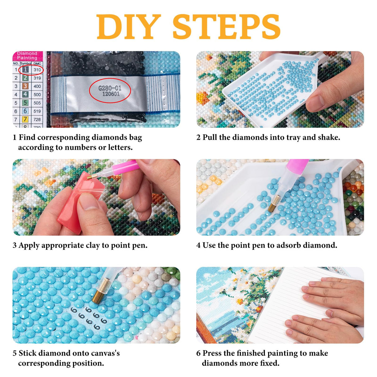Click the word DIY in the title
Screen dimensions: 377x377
click(x=129, y=27)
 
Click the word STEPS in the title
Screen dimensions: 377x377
click(x=226, y=27)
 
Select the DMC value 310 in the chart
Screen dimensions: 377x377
click(x=37, y=70)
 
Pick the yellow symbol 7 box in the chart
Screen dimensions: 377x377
click(x=25, y=119)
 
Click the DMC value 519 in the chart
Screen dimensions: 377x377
click(x=37, y=111)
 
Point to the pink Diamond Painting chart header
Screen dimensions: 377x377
click(x=27, y=56)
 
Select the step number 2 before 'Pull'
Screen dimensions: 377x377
click(x=198, y=137)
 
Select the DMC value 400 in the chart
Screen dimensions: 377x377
click(x=37, y=86)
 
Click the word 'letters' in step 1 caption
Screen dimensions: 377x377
click(x=120, y=147)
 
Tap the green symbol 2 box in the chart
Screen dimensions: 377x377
click(x=25, y=78)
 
